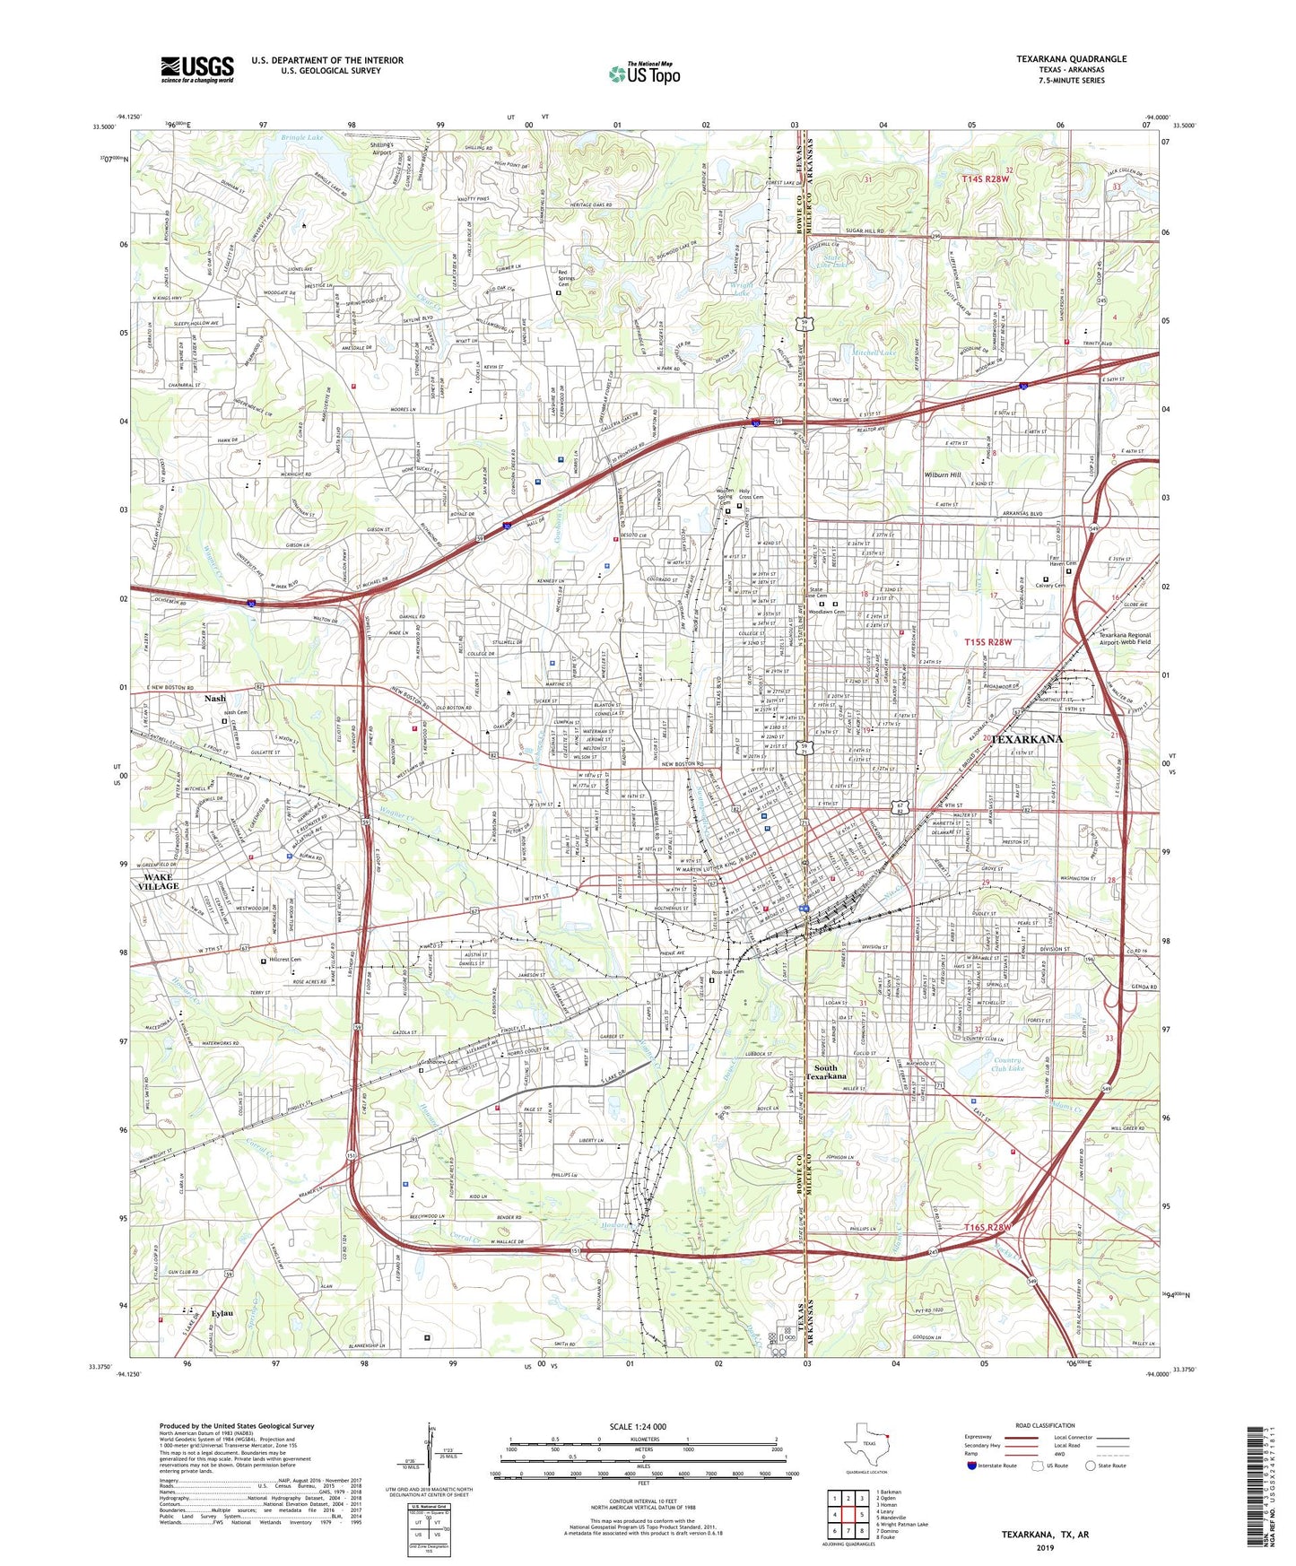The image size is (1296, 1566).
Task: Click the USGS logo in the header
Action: (x=197, y=69)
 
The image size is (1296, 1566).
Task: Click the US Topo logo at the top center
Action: (x=644, y=74)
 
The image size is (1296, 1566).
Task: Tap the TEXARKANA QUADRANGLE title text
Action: (x=1071, y=59)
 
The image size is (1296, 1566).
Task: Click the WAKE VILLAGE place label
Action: (x=158, y=881)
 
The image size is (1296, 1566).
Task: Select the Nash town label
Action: (x=215, y=698)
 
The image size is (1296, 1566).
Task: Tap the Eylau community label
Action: (x=222, y=1314)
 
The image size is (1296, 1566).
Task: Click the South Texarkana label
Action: (x=825, y=1072)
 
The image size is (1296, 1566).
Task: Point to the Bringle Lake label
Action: (x=301, y=138)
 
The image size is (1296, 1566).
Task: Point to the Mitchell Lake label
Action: (x=874, y=353)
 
